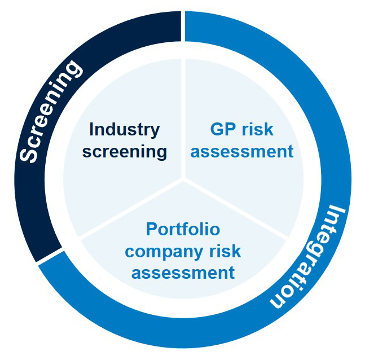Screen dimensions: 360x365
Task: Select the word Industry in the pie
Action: click(x=124, y=129)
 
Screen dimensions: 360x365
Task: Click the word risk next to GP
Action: click(x=258, y=129)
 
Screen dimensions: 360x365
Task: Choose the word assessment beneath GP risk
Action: click(x=242, y=151)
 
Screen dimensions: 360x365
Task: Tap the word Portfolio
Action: click(x=183, y=229)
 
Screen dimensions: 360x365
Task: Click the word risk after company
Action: click(x=223, y=251)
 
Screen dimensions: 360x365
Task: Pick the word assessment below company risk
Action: click(x=183, y=273)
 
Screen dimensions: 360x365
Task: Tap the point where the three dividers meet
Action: click(x=183, y=180)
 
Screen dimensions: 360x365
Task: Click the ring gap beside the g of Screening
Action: click(x=183, y=25)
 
